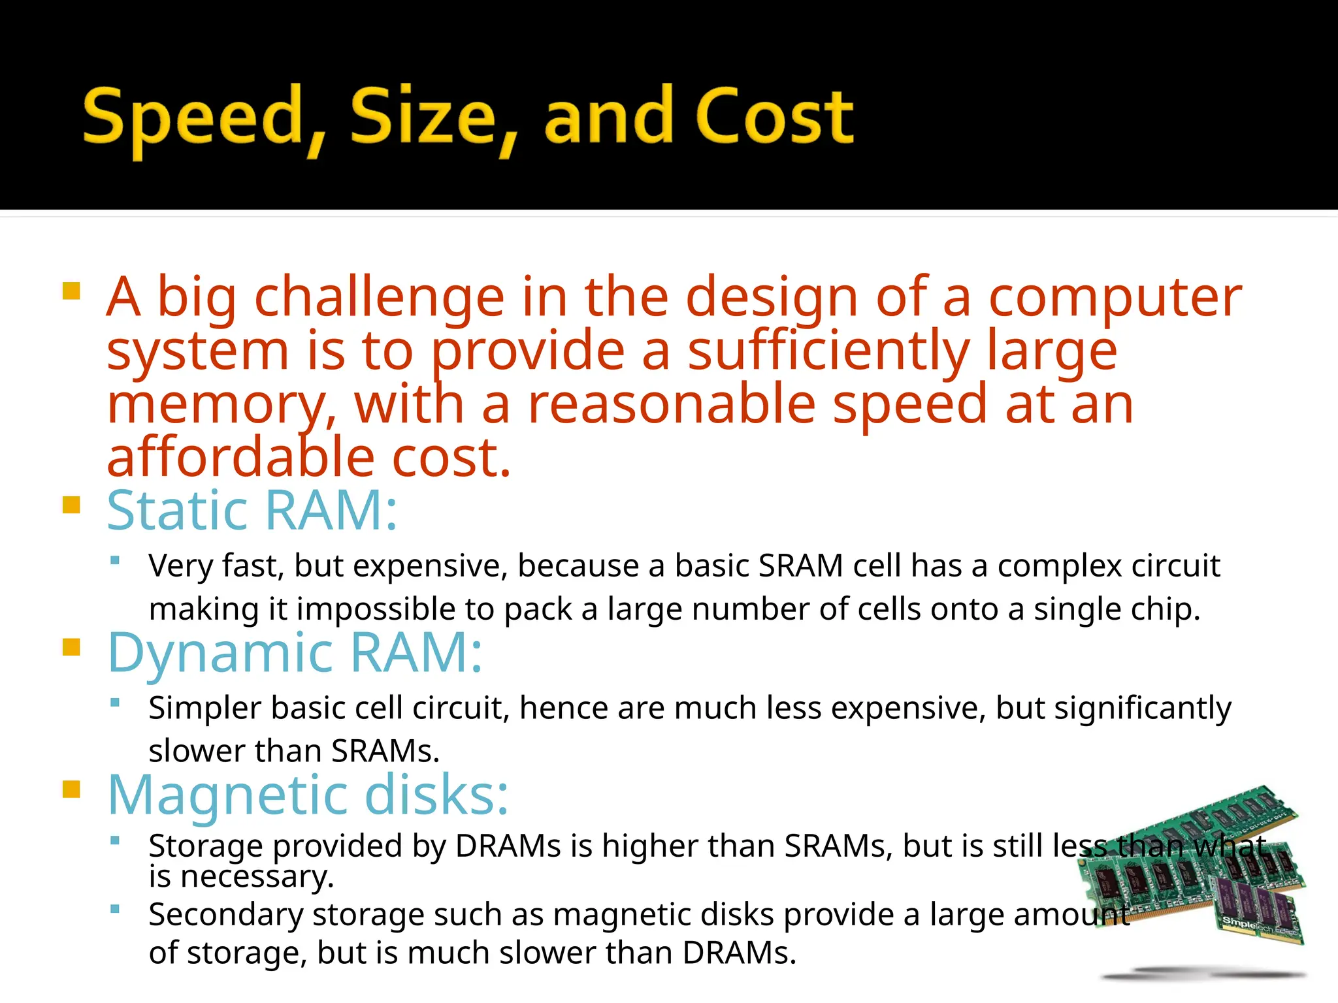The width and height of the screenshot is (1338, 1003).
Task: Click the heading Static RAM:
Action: pos(252,511)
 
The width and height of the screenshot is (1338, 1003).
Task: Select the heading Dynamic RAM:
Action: pos(295,652)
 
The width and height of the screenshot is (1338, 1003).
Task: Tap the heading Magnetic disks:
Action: pos(308,795)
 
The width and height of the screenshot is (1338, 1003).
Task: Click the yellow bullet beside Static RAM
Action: pos(71,505)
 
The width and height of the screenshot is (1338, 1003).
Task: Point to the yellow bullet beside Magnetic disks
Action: pos(71,789)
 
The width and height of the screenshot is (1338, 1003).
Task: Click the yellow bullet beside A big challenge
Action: pos(71,291)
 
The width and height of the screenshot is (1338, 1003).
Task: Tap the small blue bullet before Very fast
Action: pos(116,560)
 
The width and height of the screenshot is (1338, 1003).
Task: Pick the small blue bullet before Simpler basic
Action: pos(116,703)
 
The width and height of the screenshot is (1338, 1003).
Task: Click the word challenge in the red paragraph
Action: pos(379,298)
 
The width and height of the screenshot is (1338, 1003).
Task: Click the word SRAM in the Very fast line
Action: pos(800,565)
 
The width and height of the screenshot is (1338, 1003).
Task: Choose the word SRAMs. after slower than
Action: pos(385,751)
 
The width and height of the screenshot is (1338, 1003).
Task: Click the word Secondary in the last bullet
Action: pos(225,914)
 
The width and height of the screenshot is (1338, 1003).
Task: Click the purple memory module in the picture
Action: pos(1258,908)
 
